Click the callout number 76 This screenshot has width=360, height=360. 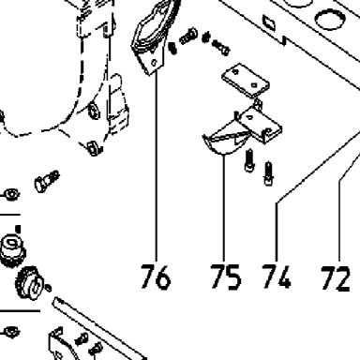(x=156, y=277)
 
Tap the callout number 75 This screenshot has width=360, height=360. (x=226, y=277)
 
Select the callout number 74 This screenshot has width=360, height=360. (x=277, y=276)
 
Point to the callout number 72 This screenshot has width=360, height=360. (x=336, y=278)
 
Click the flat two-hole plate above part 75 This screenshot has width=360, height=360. (x=246, y=81)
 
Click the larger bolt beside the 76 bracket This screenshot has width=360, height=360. (x=188, y=37)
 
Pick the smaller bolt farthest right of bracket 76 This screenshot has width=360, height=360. (x=221, y=47)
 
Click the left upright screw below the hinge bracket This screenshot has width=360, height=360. (x=249, y=160)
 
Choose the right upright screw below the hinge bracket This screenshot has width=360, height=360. (x=269, y=173)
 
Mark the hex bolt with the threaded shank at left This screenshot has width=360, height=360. (x=47, y=181)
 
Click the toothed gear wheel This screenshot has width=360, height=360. (x=30, y=282)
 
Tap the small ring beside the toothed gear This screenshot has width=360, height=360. (x=48, y=288)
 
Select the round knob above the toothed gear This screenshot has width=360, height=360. (x=12, y=250)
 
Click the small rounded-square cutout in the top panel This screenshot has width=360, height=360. (x=269, y=22)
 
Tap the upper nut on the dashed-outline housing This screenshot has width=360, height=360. (x=94, y=111)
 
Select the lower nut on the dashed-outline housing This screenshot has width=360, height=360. (x=93, y=148)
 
